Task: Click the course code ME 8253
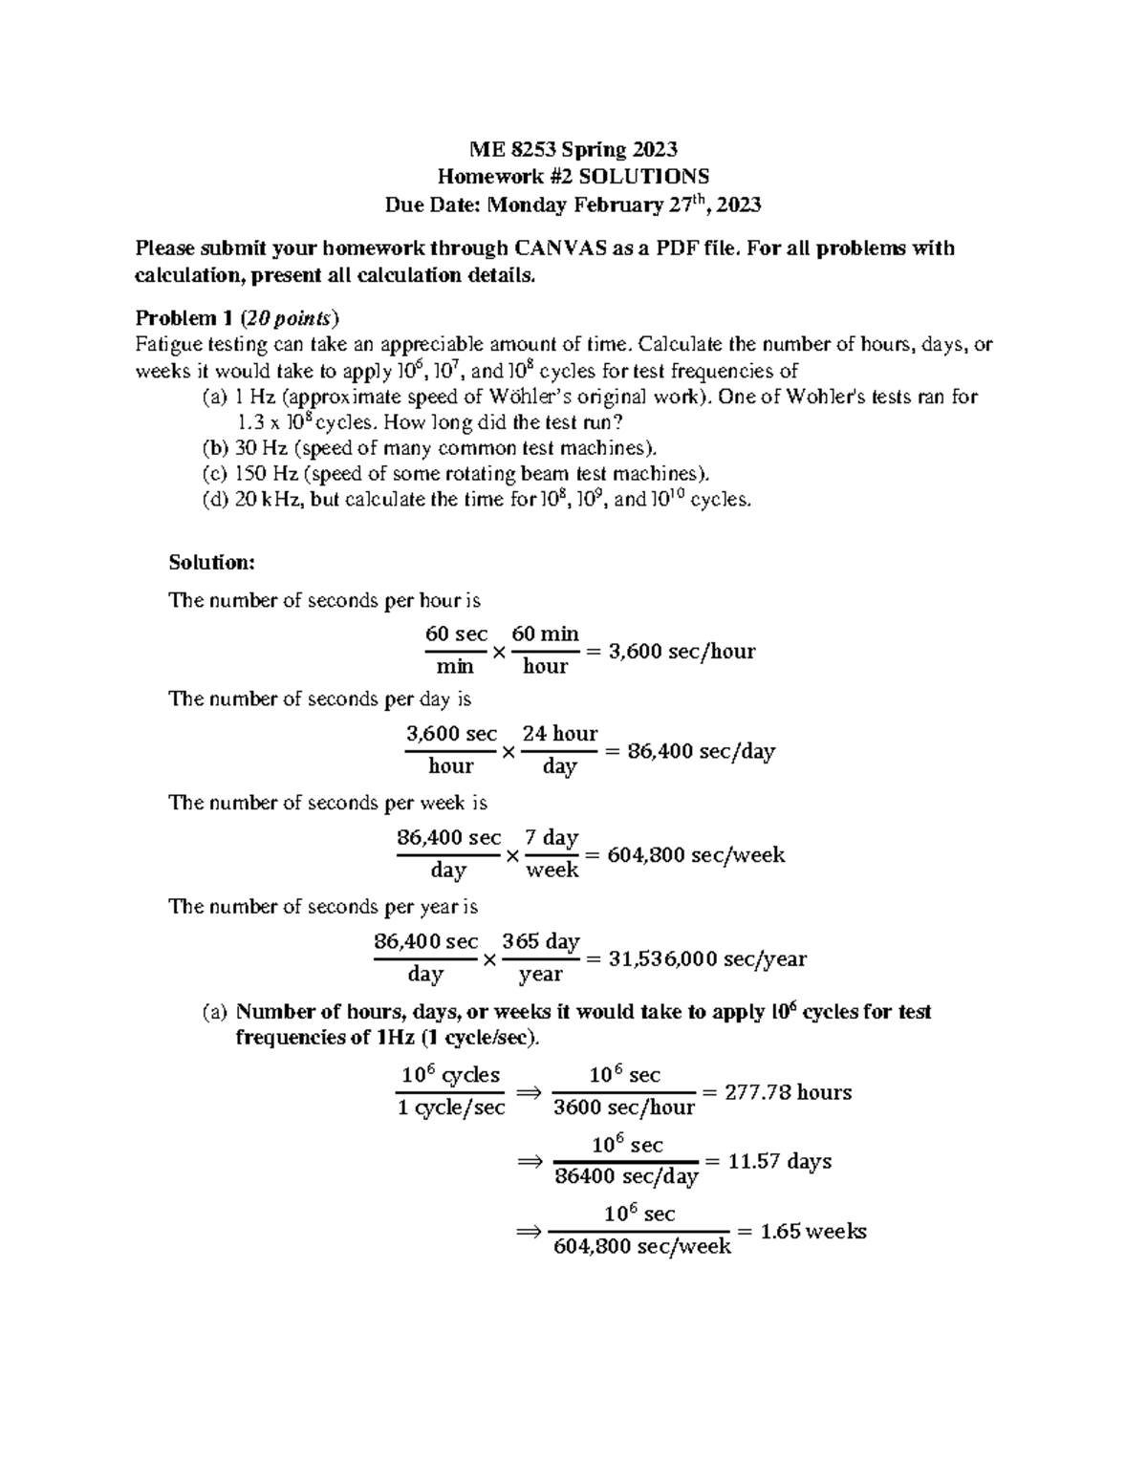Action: pos(512,149)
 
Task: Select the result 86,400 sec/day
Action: pos(701,752)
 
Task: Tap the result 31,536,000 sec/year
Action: pos(707,958)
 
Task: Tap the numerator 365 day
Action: pos(541,941)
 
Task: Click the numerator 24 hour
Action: pos(560,734)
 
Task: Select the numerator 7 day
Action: pos(552,838)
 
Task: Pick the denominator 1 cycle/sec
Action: pos(451,1108)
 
